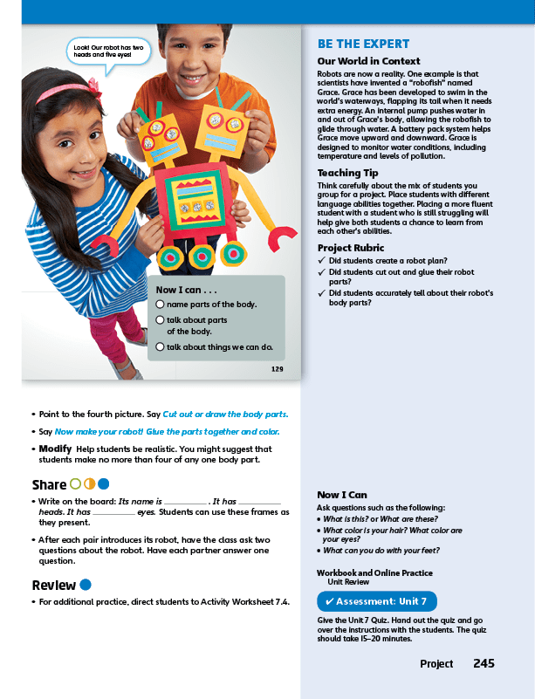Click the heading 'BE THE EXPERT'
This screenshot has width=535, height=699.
(x=363, y=45)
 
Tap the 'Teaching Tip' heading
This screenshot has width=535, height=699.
(x=347, y=173)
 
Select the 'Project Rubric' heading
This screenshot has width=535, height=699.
(x=352, y=248)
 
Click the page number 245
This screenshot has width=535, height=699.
(x=484, y=664)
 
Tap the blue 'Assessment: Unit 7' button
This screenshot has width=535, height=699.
(x=376, y=601)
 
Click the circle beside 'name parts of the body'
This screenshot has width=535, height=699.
(x=160, y=304)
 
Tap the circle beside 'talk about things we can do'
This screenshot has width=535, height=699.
(x=160, y=346)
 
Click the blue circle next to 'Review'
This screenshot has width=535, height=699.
(x=86, y=585)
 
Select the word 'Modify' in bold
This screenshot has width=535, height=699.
(x=54, y=448)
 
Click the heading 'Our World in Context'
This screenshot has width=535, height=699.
(x=368, y=62)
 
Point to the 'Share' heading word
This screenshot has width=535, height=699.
(x=49, y=484)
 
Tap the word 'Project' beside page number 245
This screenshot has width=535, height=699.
(x=436, y=664)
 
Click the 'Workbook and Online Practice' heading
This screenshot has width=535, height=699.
(x=374, y=572)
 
